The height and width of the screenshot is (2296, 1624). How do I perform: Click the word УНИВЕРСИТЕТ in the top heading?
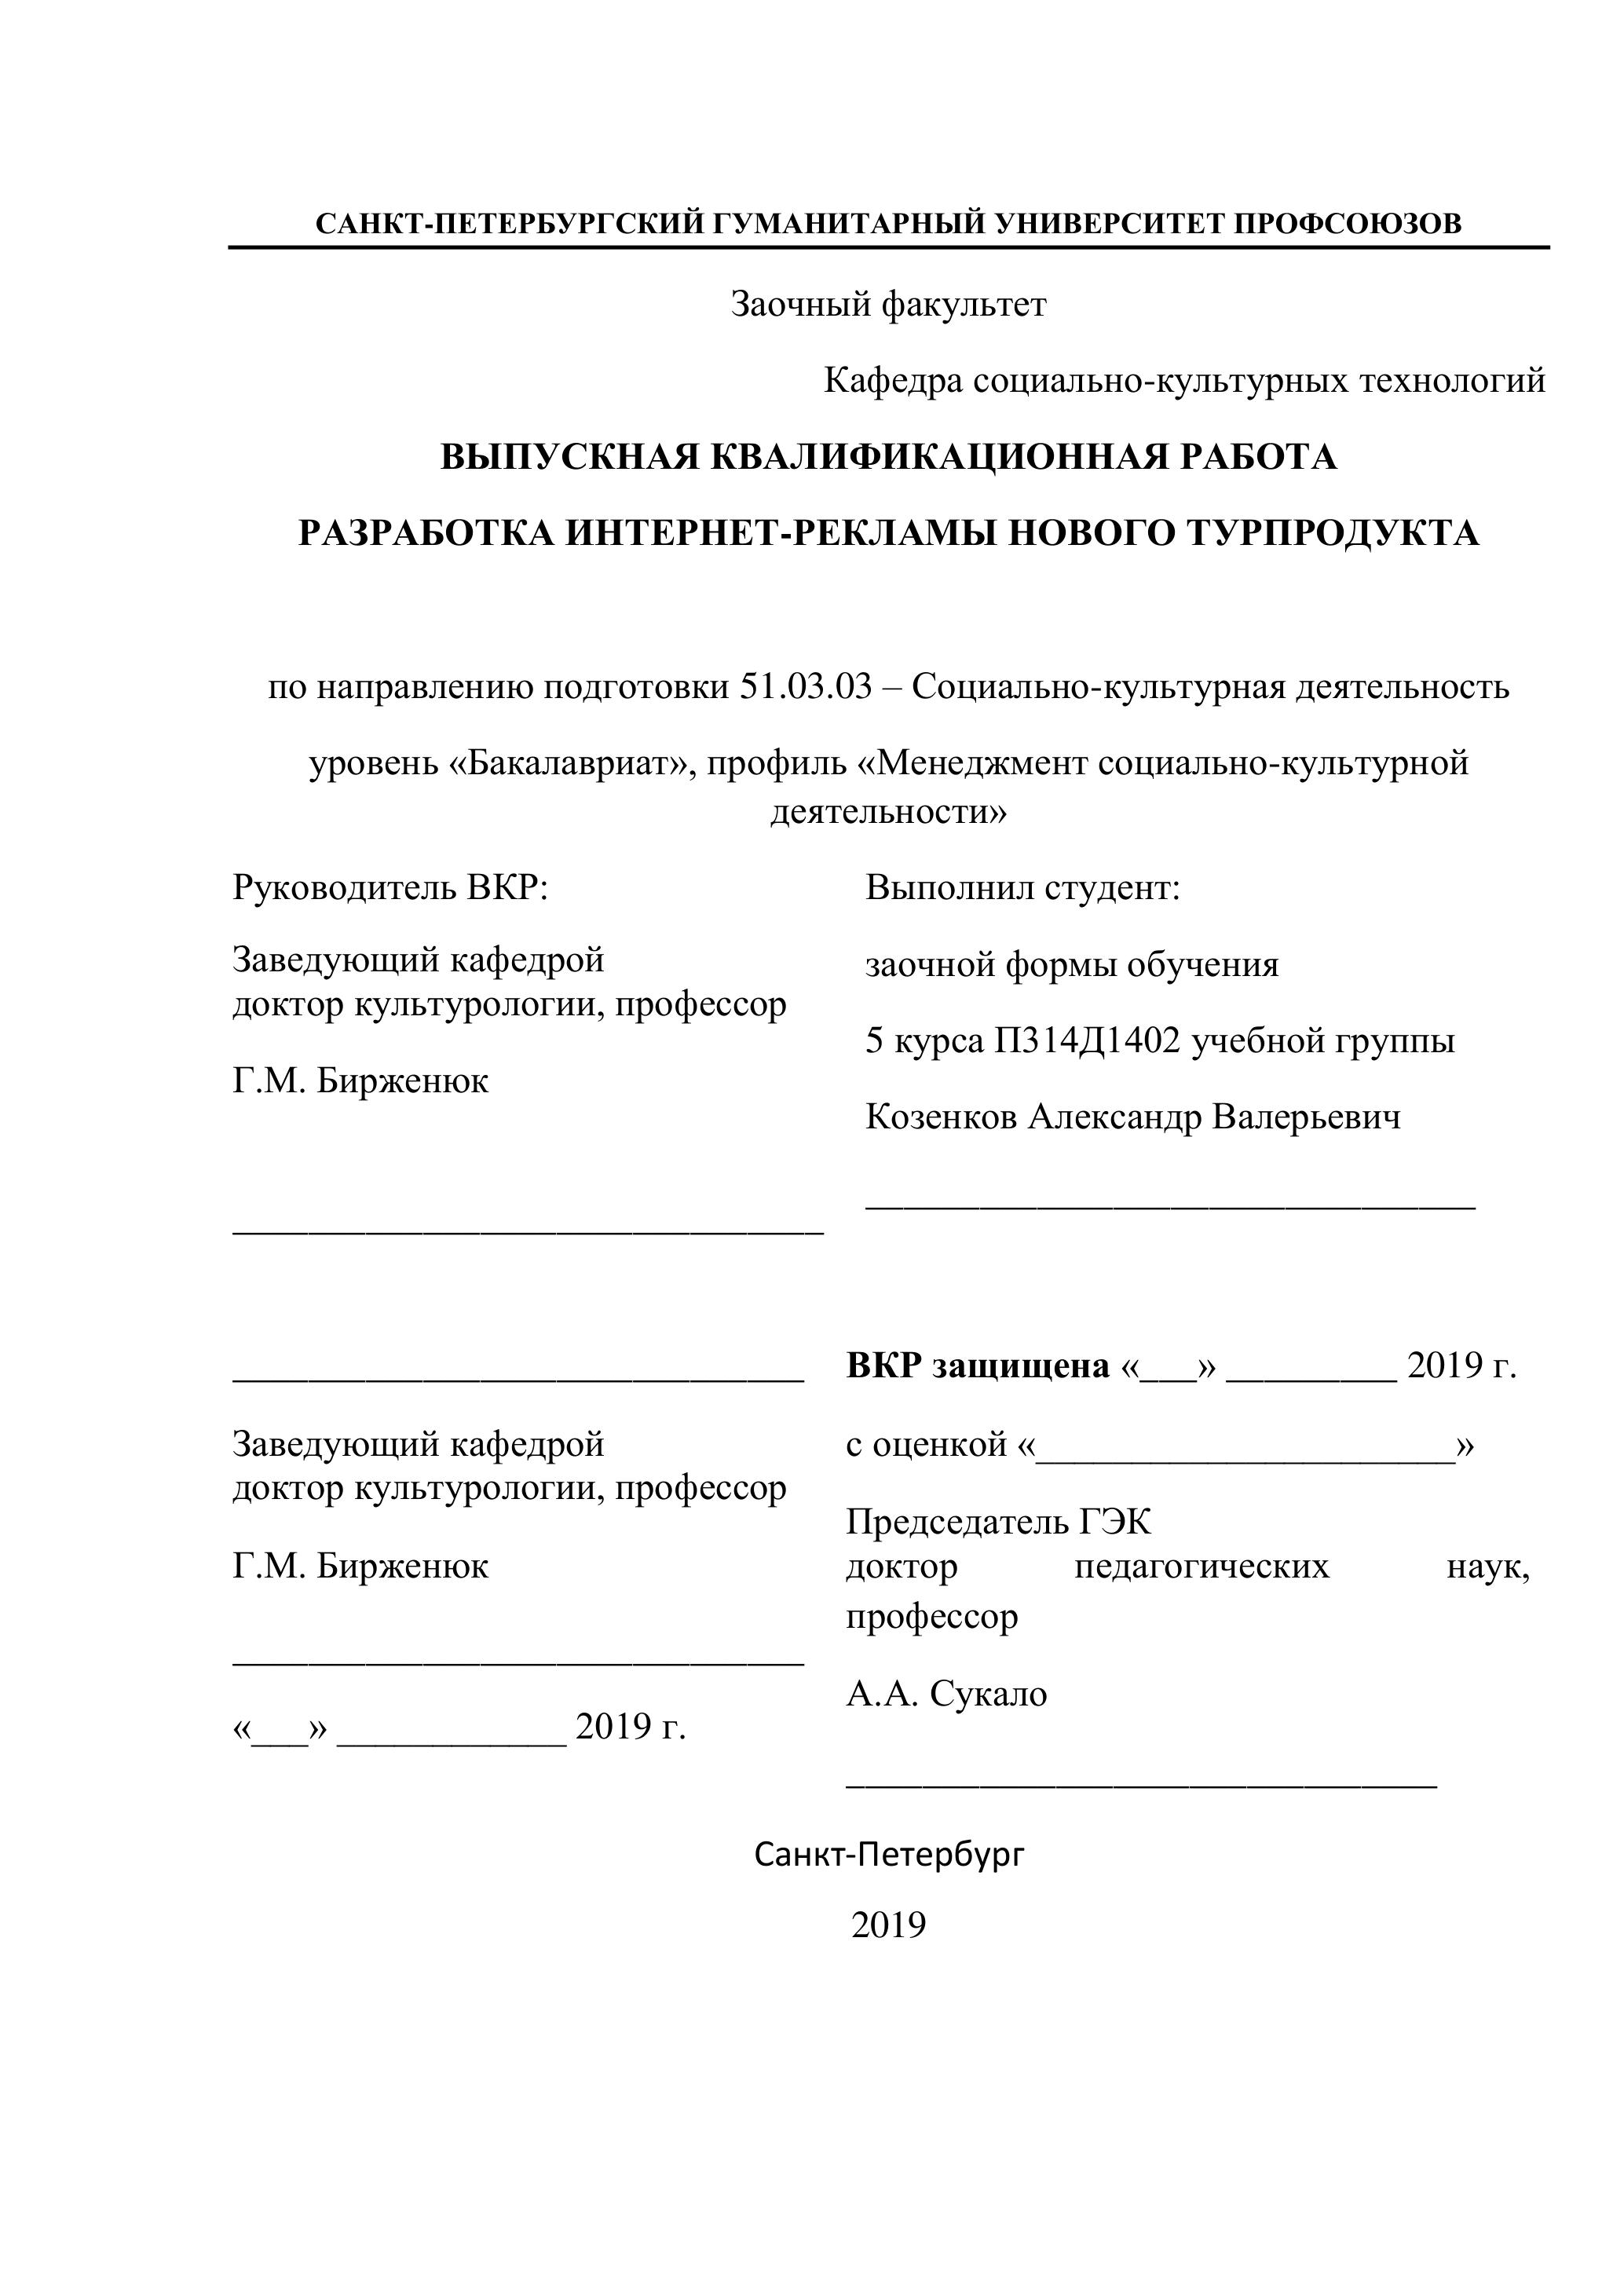pyautogui.click(x=1113, y=223)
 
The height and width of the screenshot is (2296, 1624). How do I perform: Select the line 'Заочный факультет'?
pyautogui.click(x=888, y=304)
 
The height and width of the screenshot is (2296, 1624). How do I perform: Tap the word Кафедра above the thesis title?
pyautogui.click(x=893, y=380)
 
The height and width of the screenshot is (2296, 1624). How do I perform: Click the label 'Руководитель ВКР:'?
pyautogui.click(x=390, y=887)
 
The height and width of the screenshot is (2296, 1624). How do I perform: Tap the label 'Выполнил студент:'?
pyautogui.click(x=1023, y=887)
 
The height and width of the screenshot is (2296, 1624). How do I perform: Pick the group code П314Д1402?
pyautogui.click(x=1088, y=1041)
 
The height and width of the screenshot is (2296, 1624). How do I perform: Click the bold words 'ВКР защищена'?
pyautogui.click(x=978, y=1366)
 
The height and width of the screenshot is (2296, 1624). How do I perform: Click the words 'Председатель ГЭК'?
pyautogui.click(x=998, y=1522)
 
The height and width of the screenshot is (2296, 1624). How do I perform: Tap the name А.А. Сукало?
pyautogui.click(x=946, y=1694)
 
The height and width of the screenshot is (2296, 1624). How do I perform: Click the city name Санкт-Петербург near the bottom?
pyautogui.click(x=889, y=1855)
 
